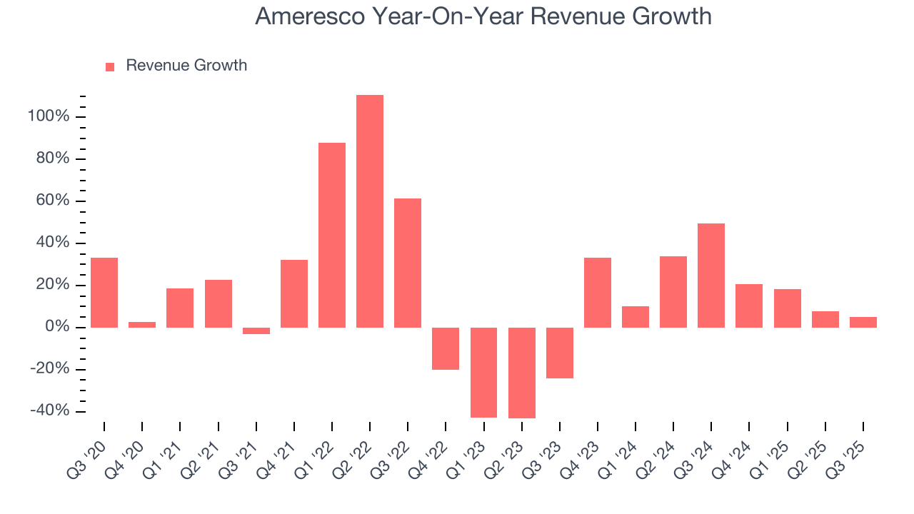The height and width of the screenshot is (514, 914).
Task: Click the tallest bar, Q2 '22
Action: pos(370,211)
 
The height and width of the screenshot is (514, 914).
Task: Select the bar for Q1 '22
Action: pos(332,235)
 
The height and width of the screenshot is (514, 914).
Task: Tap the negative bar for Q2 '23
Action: pos(522,373)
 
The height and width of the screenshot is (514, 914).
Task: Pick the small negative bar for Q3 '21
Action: pos(256,331)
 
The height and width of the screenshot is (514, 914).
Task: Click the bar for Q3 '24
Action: pos(711,276)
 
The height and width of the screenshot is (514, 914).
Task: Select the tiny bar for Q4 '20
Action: pos(142,325)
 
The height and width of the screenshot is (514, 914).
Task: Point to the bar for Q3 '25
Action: pos(863,322)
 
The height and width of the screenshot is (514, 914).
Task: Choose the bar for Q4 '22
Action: pos(446,348)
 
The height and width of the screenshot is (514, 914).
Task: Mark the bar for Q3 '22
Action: pos(408,263)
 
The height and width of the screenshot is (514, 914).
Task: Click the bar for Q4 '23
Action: pos(598,293)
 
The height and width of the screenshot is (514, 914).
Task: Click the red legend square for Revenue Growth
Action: pos(110,66)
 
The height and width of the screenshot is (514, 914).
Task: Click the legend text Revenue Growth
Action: pos(186,66)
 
